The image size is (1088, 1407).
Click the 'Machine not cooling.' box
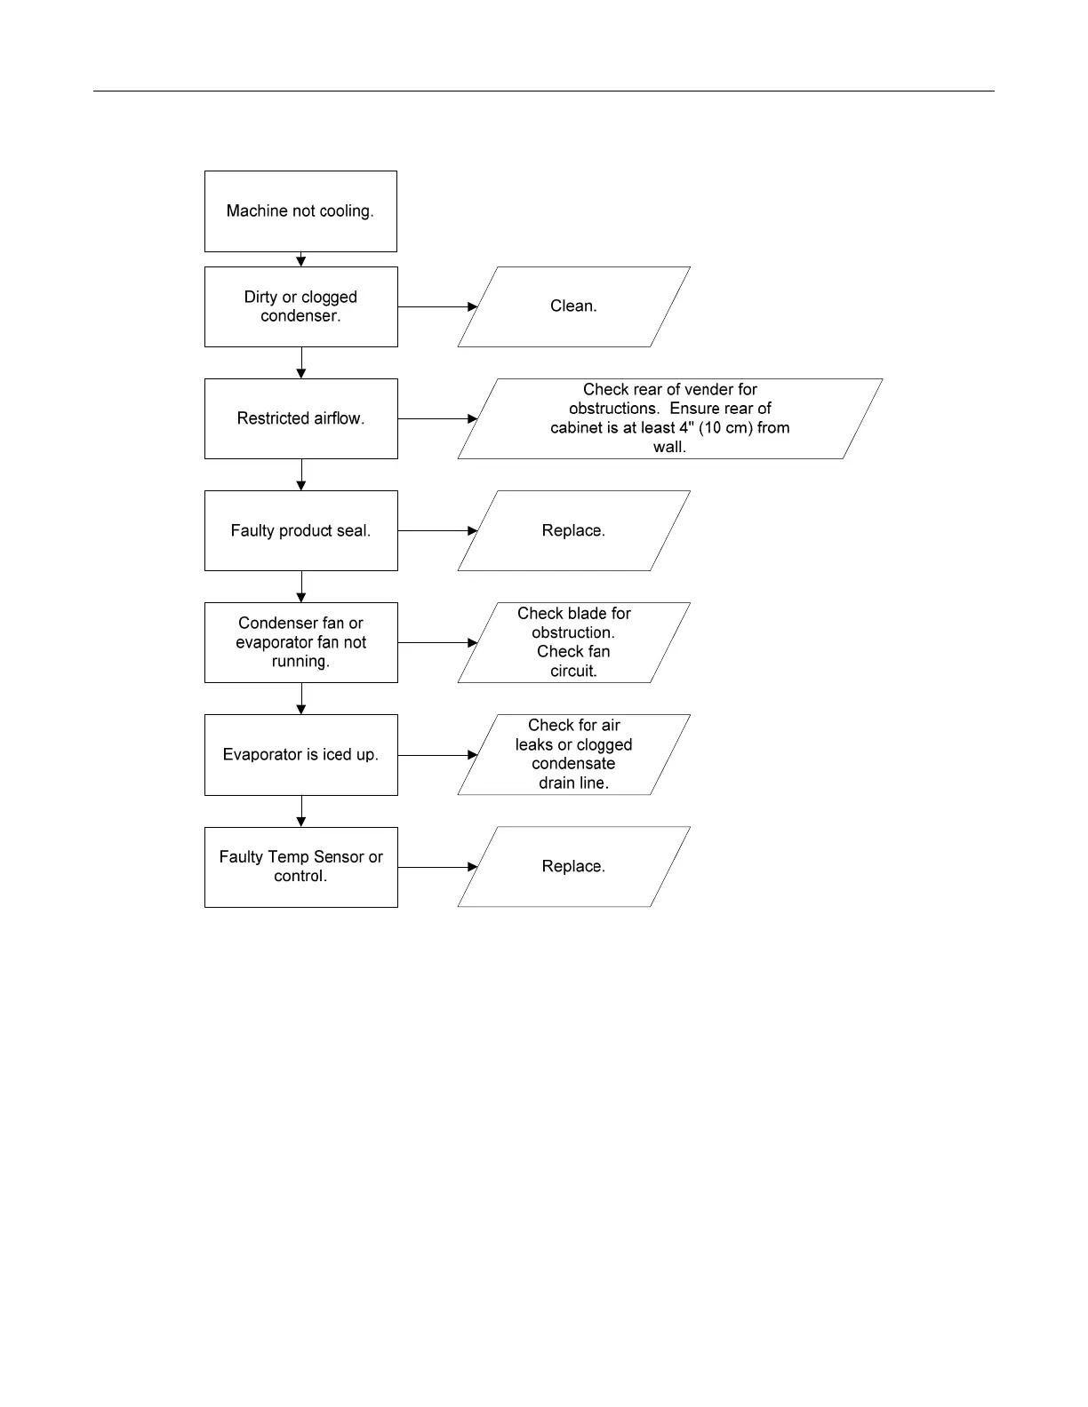(300, 211)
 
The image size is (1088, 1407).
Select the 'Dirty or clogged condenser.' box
(300, 306)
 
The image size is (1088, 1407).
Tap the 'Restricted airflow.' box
(300, 418)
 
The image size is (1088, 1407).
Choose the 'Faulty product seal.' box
(300, 530)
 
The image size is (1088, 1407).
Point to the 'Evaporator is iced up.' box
(300, 755)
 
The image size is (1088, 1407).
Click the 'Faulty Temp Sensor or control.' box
(300, 867)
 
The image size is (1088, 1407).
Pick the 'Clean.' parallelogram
(573, 306)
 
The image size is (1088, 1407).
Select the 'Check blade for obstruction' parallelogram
(573, 642)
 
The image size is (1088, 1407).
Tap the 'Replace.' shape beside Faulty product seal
(573, 530)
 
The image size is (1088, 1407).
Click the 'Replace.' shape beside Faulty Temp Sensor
(573, 867)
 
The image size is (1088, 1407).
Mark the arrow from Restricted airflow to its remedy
(437, 418)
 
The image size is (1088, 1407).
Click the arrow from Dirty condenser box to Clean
(437, 306)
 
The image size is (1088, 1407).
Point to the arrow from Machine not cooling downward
(301, 259)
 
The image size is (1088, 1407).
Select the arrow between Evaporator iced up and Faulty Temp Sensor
(301, 811)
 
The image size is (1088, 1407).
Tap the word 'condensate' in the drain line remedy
(573, 764)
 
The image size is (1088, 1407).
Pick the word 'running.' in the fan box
(300, 662)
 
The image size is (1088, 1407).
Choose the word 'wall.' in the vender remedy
(669, 447)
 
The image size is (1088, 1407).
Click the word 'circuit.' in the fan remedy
(573, 672)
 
